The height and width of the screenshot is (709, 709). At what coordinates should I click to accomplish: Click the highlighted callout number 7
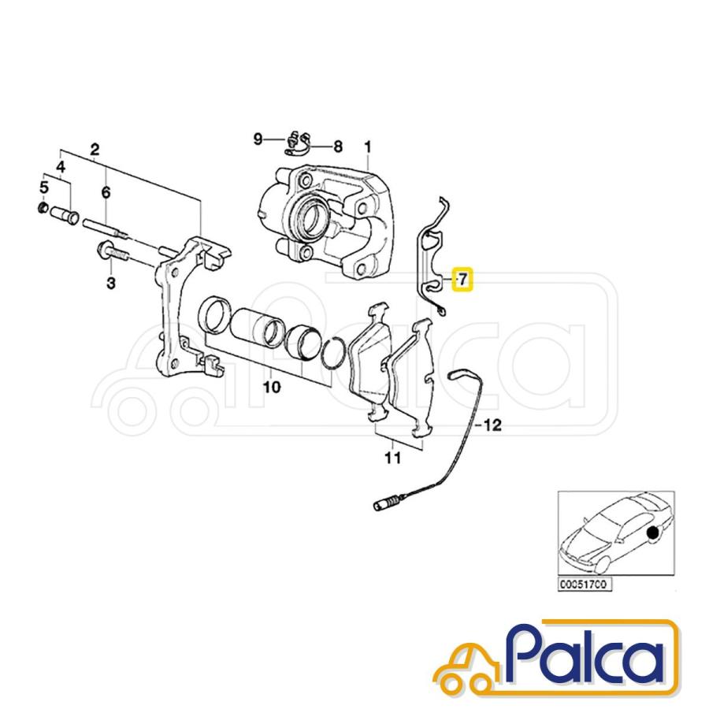click(x=462, y=280)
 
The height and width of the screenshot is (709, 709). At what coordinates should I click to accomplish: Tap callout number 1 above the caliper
click(x=368, y=147)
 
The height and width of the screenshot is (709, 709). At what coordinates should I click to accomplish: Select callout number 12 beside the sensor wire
click(x=492, y=425)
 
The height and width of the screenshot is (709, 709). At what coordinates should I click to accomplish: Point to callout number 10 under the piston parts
click(x=271, y=387)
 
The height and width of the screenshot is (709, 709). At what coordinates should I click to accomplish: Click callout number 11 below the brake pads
click(x=393, y=458)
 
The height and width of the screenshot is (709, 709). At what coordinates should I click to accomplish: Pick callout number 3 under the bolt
click(x=111, y=283)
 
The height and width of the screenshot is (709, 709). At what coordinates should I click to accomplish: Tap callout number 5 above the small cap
click(x=43, y=187)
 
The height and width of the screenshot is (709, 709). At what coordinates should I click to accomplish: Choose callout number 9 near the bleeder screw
click(x=258, y=139)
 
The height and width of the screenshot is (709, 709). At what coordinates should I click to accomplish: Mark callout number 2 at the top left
click(x=95, y=149)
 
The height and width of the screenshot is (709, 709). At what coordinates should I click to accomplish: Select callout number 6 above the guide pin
click(x=106, y=193)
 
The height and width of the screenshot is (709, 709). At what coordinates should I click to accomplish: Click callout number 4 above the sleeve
click(x=61, y=167)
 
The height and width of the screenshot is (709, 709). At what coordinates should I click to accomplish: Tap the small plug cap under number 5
click(x=43, y=208)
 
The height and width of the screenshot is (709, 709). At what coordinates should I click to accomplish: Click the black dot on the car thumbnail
click(x=652, y=533)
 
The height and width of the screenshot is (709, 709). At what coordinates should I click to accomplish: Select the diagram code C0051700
click(x=585, y=585)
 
